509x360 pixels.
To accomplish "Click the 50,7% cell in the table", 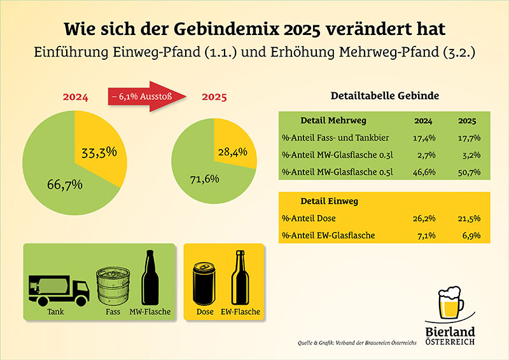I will tap(468, 172).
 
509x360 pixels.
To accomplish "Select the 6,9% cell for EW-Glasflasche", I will tap(468, 236).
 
